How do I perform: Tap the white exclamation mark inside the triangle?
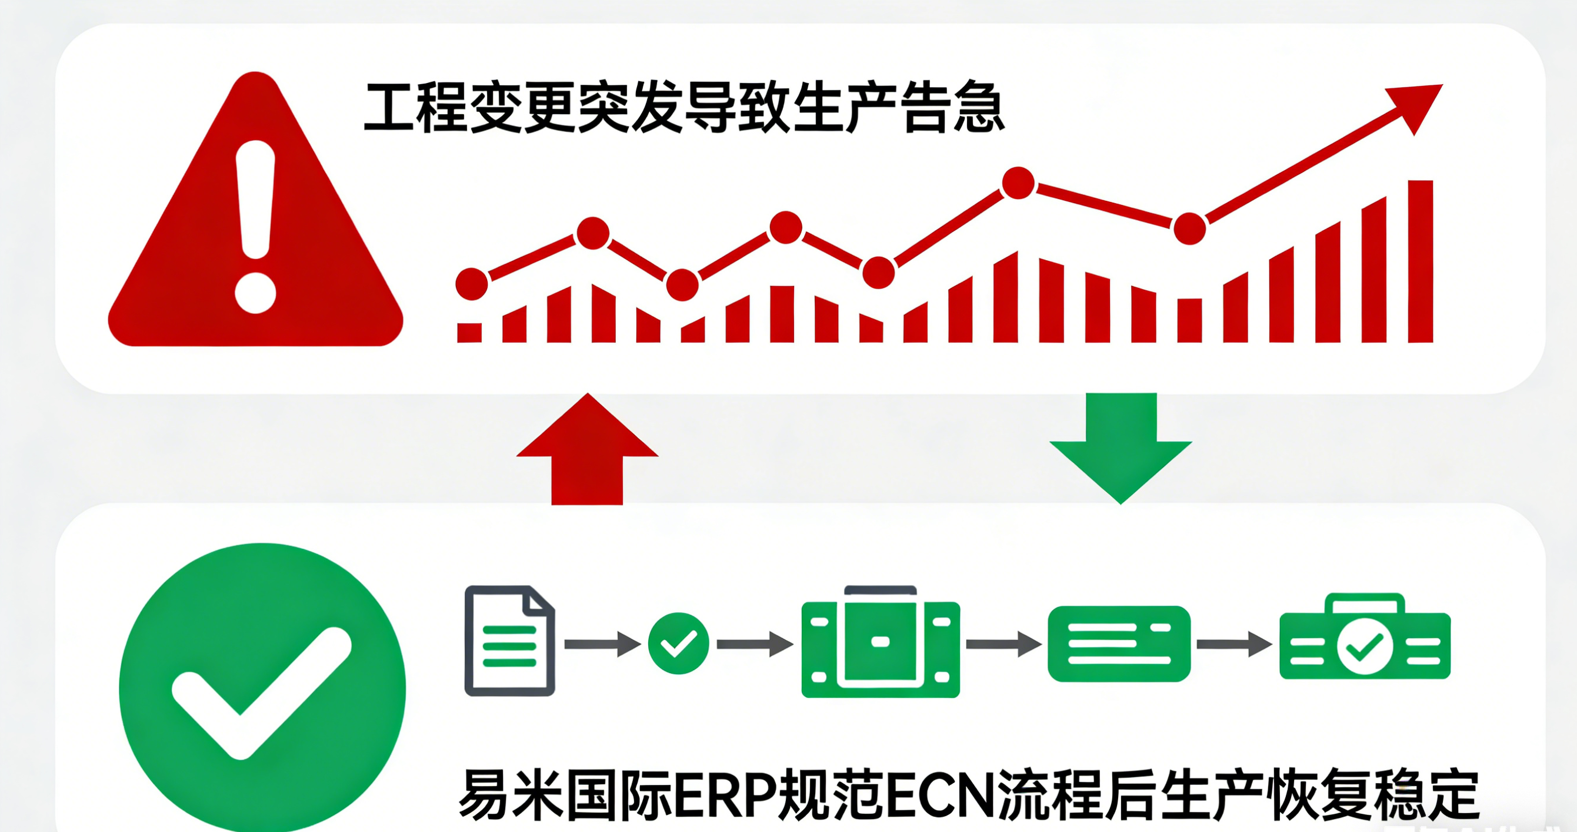pos(255,227)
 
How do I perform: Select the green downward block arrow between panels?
pos(1121,448)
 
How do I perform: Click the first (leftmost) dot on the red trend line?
pos(472,284)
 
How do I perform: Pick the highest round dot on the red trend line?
pos(1019,183)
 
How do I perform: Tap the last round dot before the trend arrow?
pos(1189,228)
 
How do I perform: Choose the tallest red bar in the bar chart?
pos(1421,261)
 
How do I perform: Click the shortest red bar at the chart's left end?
pos(469,332)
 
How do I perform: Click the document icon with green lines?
pos(509,641)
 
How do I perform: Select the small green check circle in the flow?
pos(678,644)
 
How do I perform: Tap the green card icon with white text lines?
pos(1119,644)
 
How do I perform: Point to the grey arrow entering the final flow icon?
pos(1233,644)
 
